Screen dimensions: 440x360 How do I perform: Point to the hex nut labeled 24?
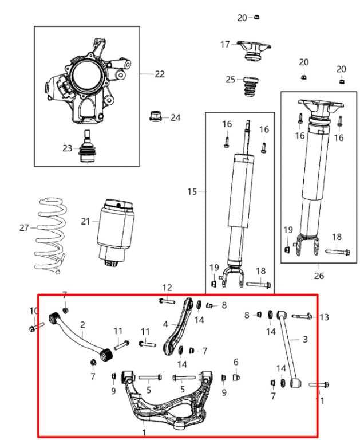[156, 117]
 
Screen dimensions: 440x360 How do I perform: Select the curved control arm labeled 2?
[80, 336]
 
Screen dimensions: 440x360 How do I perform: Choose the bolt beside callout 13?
[303, 316]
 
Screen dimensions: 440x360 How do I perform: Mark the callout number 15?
[192, 192]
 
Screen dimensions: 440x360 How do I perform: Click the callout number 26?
[318, 276]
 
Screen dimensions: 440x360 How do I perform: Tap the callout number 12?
[167, 287]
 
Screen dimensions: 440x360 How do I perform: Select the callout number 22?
[159, 74]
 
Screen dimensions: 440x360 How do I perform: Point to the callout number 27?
[23, 227]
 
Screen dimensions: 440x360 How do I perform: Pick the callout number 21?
[85, 221]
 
